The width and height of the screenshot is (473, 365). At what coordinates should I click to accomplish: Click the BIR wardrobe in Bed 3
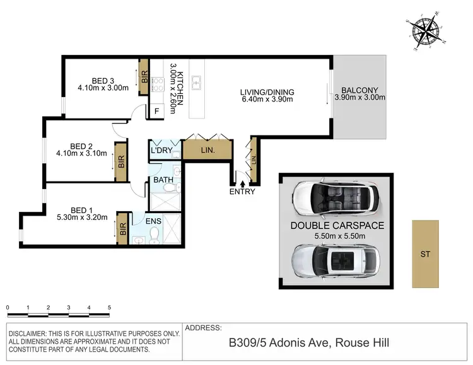click(143, 78)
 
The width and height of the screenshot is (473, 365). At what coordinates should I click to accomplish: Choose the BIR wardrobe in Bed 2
click(119, 161)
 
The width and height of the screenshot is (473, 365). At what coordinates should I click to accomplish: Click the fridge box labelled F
click(156, 112)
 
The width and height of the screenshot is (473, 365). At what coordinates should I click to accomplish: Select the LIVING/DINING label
click(267, 92)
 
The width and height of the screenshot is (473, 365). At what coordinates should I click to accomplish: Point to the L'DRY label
click(161, 151)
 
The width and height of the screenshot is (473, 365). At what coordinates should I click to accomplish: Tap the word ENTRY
click(242, 192)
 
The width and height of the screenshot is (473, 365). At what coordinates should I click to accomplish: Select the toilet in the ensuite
click(155, 235)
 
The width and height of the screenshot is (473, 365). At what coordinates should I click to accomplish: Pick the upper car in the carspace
click(336, 199)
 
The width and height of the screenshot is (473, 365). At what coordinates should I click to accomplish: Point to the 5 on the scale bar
click(109, 308)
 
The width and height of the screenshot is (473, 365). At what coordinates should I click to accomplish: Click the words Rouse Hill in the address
click(362, 343)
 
